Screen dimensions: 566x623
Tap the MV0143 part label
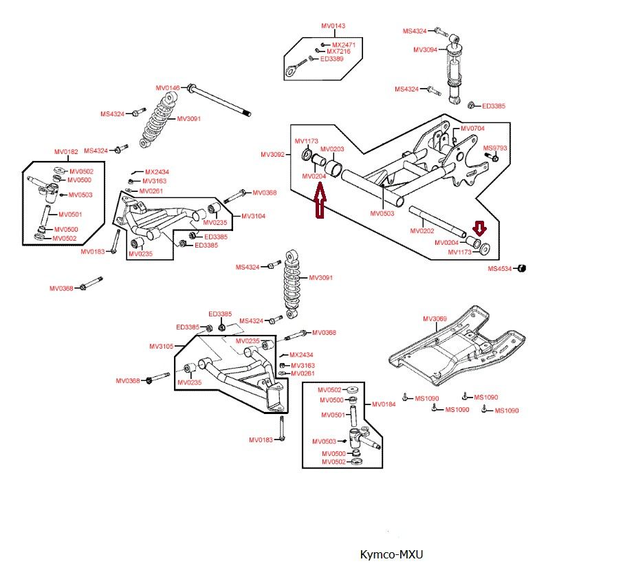334,26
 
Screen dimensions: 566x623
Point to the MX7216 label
338,52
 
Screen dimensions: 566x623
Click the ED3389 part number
334,59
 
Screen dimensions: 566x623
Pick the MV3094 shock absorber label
426,50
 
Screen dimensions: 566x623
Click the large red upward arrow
318,204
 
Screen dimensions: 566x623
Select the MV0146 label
167,88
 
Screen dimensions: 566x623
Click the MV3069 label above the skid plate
435,318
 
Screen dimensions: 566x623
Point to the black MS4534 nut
522,268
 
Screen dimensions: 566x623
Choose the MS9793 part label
495,148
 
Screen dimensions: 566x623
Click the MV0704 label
472,129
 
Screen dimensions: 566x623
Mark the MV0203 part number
332,149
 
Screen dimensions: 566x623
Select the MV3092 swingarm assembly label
272,155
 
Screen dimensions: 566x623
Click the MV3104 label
253,216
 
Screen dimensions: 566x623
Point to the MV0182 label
67,151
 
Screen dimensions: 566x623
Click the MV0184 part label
384,404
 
